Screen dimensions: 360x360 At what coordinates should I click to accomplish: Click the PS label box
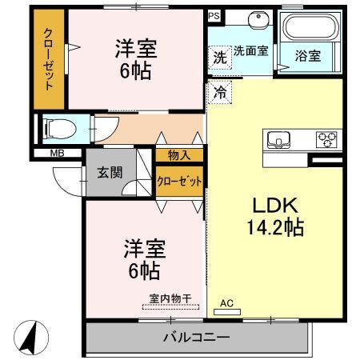(x=214, y=16)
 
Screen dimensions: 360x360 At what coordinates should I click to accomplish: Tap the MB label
(x=58, y=154)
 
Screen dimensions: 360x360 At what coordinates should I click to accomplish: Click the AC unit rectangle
(x=227, y=312)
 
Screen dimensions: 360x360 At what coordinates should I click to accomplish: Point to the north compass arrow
(x=30, y=338)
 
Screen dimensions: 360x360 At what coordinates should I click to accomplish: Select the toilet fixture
(x=60, y=129)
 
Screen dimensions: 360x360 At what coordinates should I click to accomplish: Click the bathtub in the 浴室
(x=310, y=26)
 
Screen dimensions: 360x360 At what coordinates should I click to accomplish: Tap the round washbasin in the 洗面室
(x=258, y=19)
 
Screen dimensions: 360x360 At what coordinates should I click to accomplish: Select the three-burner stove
(x=326, y=140)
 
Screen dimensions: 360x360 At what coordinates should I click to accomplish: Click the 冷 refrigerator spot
(x=220, y=93)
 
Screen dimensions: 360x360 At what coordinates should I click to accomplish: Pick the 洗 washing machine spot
(x=220, y=58)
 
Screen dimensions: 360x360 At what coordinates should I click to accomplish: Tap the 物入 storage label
(x=179, y=155)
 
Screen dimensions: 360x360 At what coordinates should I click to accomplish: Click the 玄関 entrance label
(x=110, y=173)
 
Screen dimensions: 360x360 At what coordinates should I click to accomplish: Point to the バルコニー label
(x=196, y=338)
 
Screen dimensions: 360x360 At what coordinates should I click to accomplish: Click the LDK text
(x=275, y=206)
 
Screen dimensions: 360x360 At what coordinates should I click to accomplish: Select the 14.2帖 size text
(x=275, y=227)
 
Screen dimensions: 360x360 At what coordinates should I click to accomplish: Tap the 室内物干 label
(x=170, y=298)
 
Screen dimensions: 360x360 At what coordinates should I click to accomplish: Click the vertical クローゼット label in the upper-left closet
(x=48, y=59)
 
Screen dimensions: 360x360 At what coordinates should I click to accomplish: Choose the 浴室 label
(x=308, y=56)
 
